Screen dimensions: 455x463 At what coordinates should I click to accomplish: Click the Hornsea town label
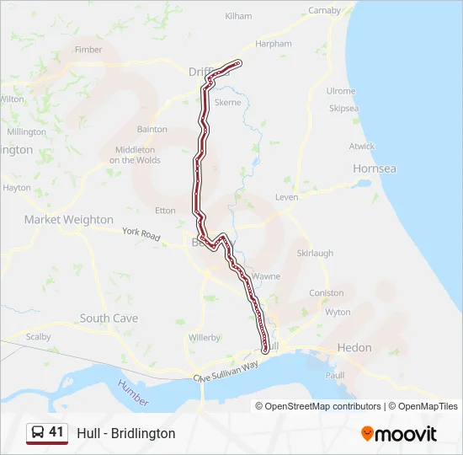point(374,169)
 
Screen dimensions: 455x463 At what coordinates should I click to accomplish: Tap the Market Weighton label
point(68,219)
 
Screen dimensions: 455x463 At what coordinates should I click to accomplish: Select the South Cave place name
point(109,318)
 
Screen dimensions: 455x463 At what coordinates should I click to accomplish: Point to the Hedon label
point(354,347)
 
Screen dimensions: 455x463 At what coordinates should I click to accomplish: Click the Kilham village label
point(238,16)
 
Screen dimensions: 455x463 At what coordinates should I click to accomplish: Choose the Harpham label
point(274,44)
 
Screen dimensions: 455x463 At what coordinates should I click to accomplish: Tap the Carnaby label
point(324,11)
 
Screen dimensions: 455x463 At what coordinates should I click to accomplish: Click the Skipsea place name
point(343,109)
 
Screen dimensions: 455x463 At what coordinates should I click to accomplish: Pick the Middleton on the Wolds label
point(135,154)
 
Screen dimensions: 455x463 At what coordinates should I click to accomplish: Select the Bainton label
point(152,130)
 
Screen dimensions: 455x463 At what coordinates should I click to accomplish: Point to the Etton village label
point(166,211)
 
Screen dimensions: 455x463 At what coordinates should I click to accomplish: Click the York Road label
point(141,234)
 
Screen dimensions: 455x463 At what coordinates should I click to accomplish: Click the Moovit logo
point(399,434)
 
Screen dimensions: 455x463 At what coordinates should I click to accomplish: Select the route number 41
point(56,432)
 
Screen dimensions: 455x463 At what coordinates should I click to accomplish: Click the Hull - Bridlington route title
point(126,433)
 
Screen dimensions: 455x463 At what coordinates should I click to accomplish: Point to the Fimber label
point(88,50)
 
